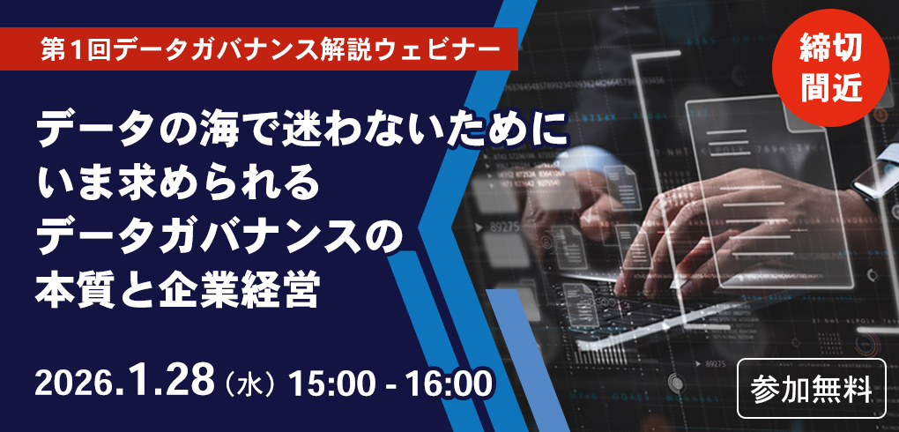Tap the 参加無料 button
(812, 388)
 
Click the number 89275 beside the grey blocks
(503, 227)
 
